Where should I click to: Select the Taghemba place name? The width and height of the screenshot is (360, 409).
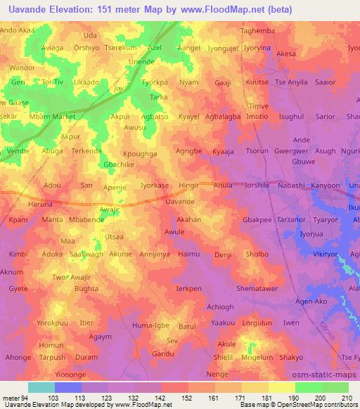[257, 32]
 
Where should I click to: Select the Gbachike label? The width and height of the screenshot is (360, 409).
[119, 164]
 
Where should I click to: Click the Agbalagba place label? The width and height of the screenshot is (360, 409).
[222, 116]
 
